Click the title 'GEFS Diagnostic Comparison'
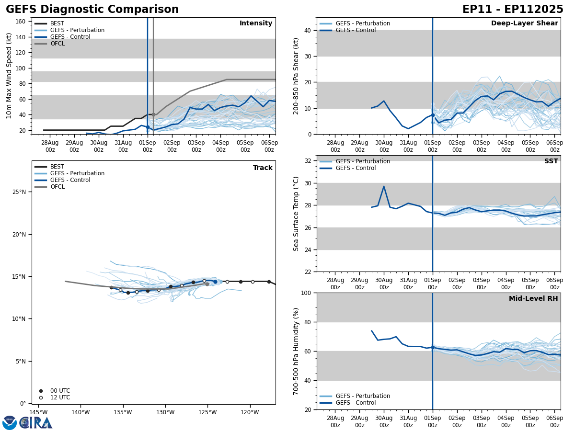click(x=92, y=10)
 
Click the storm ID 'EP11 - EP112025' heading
click(x=513, y=10)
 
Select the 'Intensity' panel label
click(x=256, y=23)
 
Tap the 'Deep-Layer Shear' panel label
click(x=524, y=23)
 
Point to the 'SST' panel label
click(x=551, y=161)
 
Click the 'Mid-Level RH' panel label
click(x=533, y=299)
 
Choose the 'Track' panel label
click(x=263, y=168)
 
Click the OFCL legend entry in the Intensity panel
click(x=57, y=44)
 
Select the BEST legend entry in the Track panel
click(x=57, y=167)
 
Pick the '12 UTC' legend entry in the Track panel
click(x=60, y=397)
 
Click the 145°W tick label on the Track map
click(x=38, y=412)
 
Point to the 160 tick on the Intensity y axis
click(x=21, y=22)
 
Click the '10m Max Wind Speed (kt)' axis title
click(x=9, y=76)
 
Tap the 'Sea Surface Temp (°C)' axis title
click(x=296, y=214)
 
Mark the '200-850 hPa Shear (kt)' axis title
click(x=296, y=76)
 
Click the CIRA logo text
click(x=36, y=423)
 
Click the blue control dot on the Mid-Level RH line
click(x=433, y=347)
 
